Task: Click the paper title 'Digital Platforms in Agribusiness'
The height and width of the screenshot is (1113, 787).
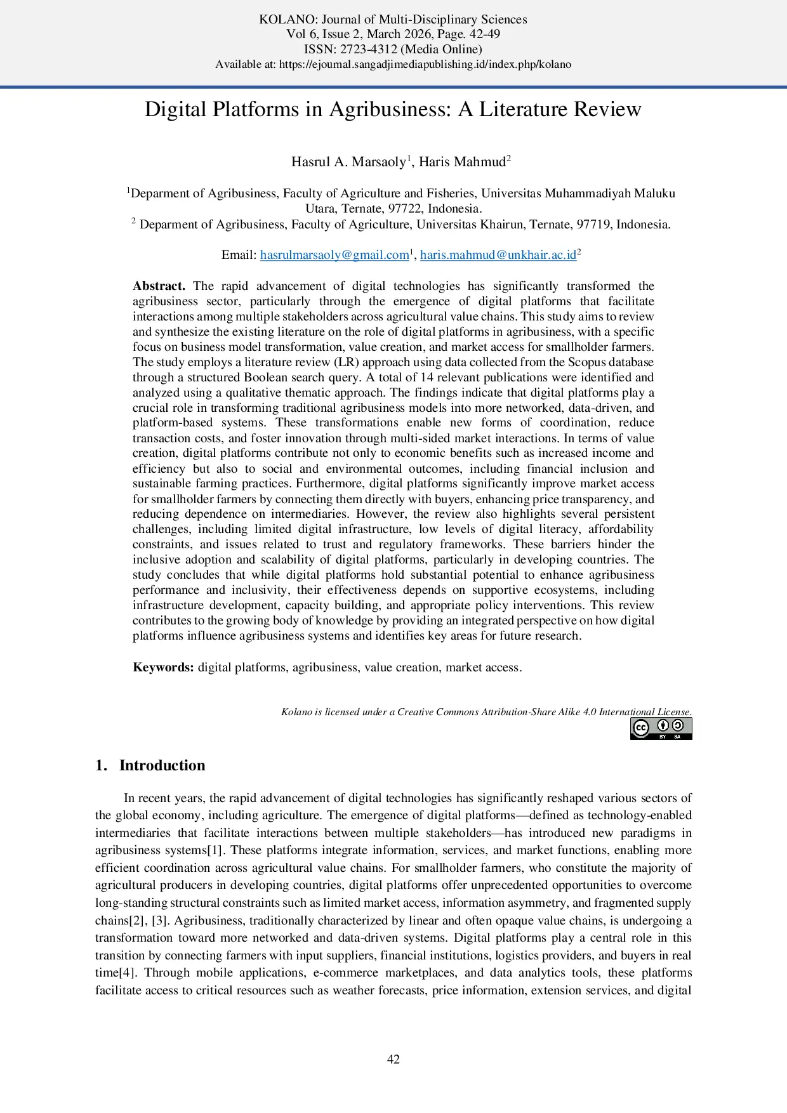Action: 393,109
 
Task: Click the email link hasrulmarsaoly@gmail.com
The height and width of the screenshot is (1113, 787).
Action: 334,255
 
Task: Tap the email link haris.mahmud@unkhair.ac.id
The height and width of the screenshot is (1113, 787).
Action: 498,255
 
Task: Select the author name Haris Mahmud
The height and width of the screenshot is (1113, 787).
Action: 462,162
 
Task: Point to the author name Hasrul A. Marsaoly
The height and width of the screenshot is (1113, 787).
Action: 348,162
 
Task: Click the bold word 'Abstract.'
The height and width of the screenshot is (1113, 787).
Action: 159,286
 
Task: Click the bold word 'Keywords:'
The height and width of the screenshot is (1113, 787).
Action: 163,668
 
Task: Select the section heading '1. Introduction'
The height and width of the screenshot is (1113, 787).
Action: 150,765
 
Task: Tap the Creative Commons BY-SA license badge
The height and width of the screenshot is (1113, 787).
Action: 661,728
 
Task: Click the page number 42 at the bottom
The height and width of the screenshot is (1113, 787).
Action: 393,1059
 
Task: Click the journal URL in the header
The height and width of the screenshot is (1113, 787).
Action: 425,64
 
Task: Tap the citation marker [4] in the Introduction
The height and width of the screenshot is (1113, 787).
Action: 131,973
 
